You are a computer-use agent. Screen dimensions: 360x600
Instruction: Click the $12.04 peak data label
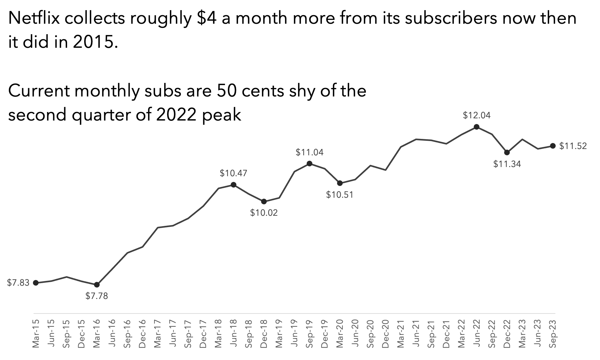(x=477, y=115)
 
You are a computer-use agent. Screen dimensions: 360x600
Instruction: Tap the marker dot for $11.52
(x=553, y=146)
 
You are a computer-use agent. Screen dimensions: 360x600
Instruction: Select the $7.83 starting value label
(x=18, y=282)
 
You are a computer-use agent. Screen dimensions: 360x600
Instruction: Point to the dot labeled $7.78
(x=97, y=285)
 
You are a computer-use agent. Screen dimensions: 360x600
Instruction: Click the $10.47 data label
(x=234, y=173)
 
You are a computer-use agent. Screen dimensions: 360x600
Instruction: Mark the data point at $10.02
(x=264, y=202)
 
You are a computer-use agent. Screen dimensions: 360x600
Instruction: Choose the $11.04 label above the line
(x=309, y=152)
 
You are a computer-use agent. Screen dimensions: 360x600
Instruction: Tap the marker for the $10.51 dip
(x=340, y=183)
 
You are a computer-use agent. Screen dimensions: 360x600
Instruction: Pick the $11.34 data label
(x=507, y=164)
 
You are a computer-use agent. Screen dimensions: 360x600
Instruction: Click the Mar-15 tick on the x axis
(x=36, y=333)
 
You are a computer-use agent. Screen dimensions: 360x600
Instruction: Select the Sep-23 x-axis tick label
(x=553, y=333)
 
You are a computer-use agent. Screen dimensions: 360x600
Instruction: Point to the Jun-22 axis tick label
(x=477, y=333)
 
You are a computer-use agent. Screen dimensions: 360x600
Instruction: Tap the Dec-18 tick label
(x=264, y=333)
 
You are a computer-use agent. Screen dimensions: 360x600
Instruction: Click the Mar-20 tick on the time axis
(x=340, y=333)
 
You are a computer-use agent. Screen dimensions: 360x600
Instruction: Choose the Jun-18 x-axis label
(x=234, y=333)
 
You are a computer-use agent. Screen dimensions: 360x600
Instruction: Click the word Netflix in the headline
(x=34, y=18)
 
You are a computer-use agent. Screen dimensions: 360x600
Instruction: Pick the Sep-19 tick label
(x=309, y=333)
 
